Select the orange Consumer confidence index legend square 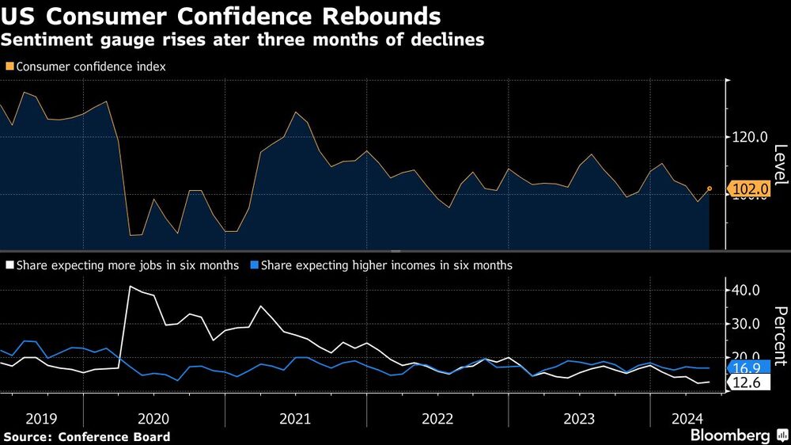click(x=9, y=67)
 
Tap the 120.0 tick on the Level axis click(x=750, y=137)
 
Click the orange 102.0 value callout click(x=750, y=189)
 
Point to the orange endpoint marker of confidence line click(x=710, y=188)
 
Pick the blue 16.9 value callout click(x=747, y=367)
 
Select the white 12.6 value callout click(x=747, y=383)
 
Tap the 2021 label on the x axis click(x=295, y=417)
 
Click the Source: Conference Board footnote click(x=86, y=436)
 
